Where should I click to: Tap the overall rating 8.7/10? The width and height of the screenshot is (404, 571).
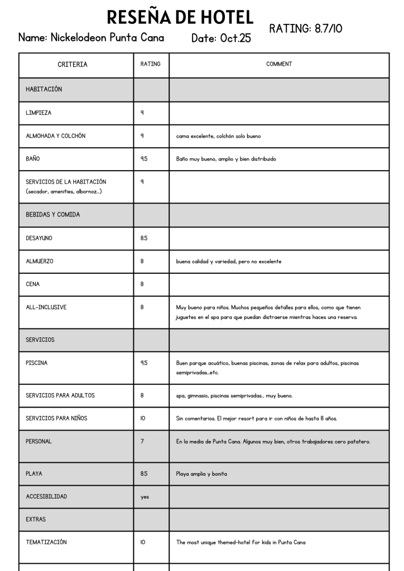tap(306, 28)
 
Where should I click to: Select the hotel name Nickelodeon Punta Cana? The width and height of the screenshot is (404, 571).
tap(91, 38)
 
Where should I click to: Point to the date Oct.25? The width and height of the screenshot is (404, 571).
tap(221, 39)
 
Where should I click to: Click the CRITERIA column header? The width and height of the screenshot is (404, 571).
tap(73, 65)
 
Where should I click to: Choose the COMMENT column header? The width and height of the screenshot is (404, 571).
tap(279, 65)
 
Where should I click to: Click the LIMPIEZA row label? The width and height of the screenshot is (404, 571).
tap(39, 113)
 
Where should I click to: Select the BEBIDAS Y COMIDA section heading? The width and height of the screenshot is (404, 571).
tap(53, 215)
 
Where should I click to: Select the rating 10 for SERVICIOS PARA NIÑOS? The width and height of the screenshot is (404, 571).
tap(143, 419)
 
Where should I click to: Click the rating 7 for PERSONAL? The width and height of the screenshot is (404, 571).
tap(143, 442)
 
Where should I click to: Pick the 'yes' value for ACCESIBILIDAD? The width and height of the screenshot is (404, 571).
tap(145, 497)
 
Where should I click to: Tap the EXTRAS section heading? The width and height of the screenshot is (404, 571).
tap(36, 520)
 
